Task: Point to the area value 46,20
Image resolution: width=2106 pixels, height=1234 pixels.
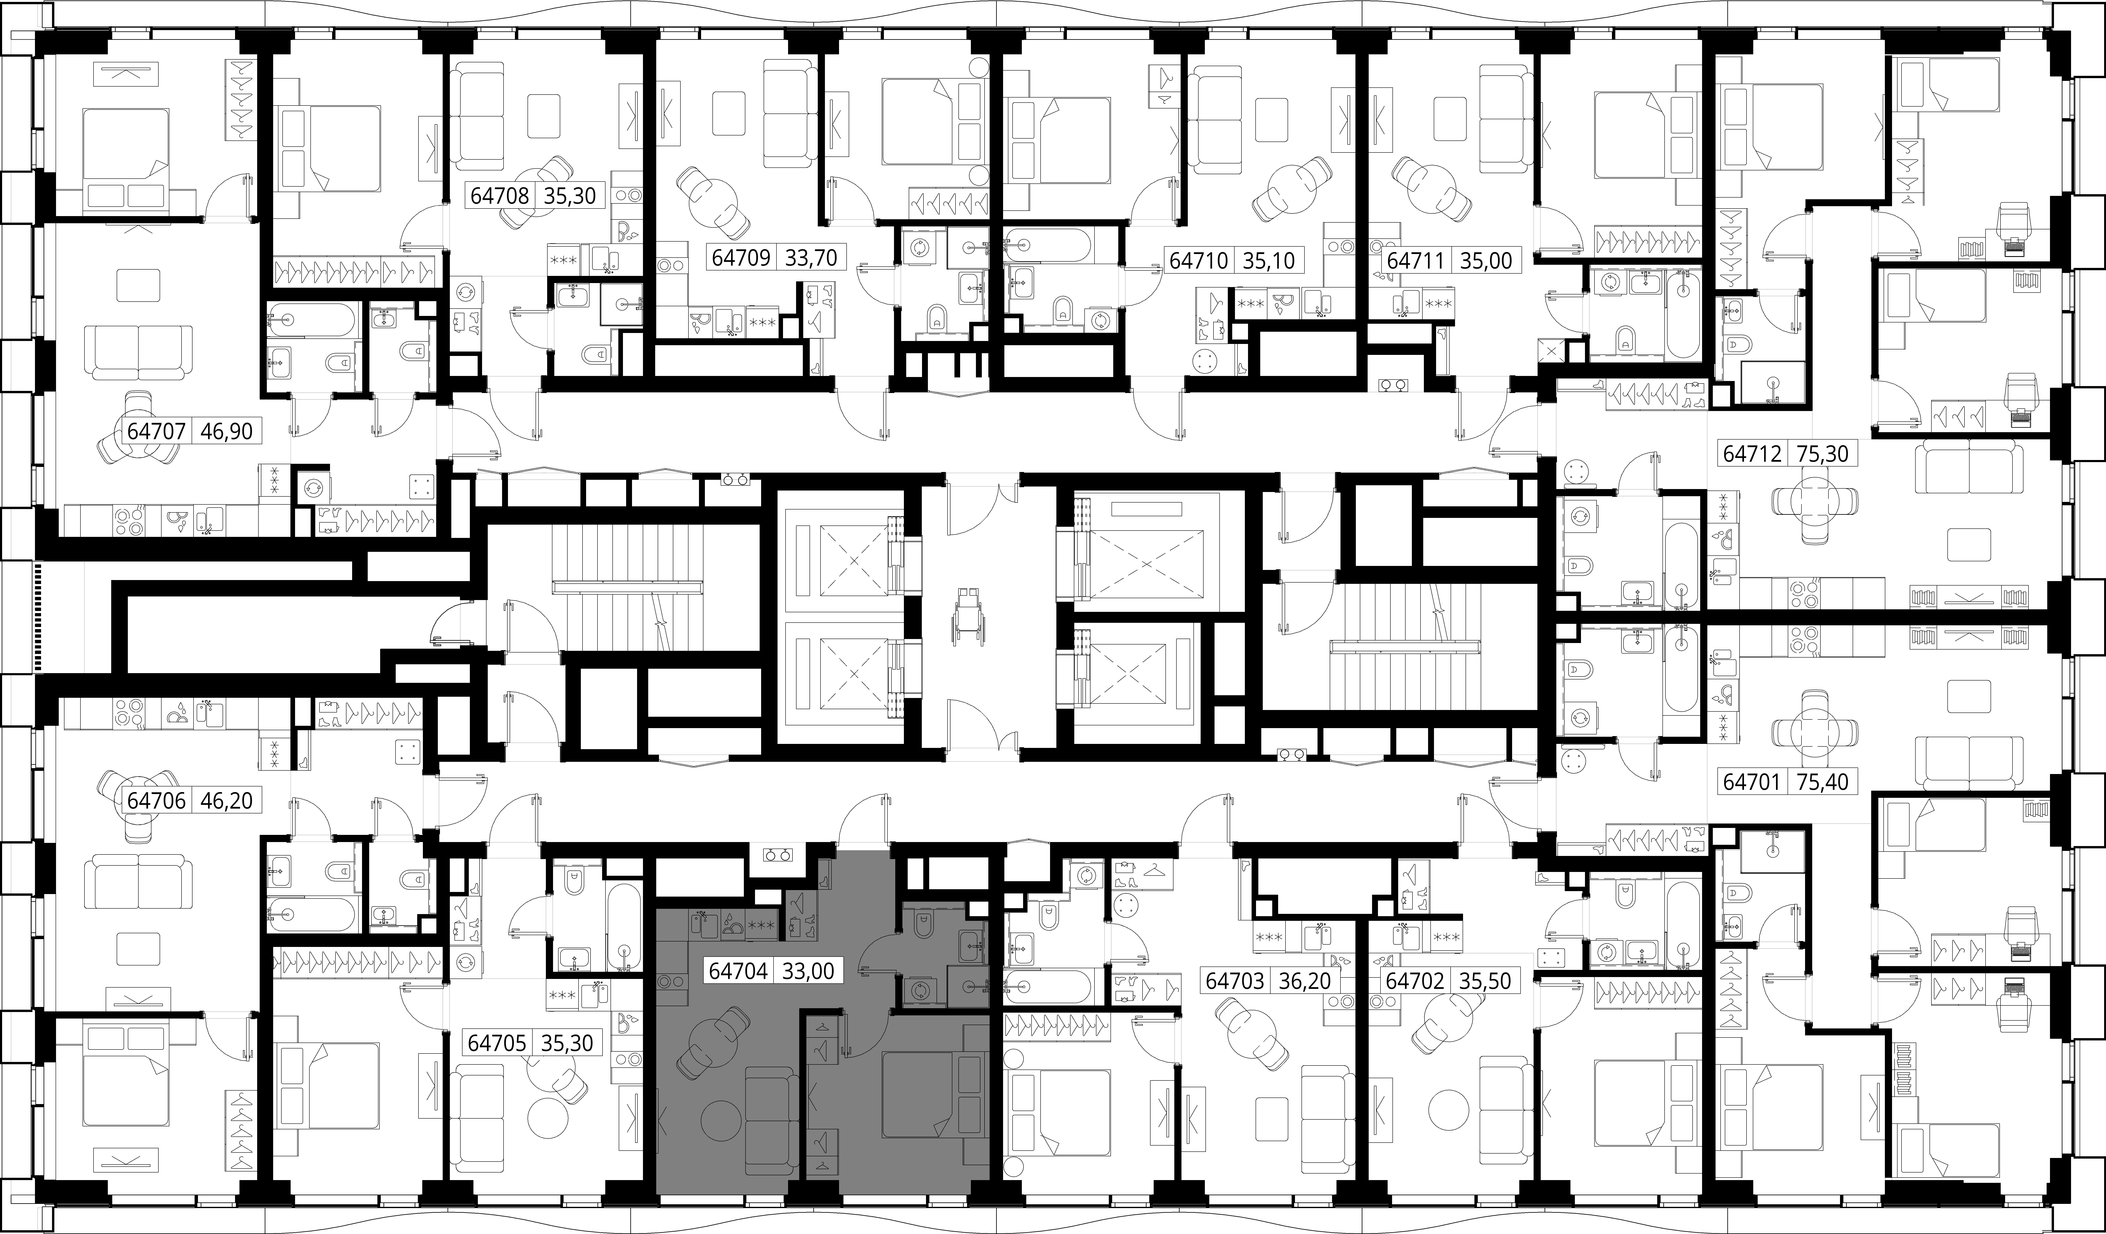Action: coord(227,800)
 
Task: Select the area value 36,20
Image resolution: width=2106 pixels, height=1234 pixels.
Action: coord(1304,981)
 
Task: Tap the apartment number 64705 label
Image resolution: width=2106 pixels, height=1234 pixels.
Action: coord(497,1043)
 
